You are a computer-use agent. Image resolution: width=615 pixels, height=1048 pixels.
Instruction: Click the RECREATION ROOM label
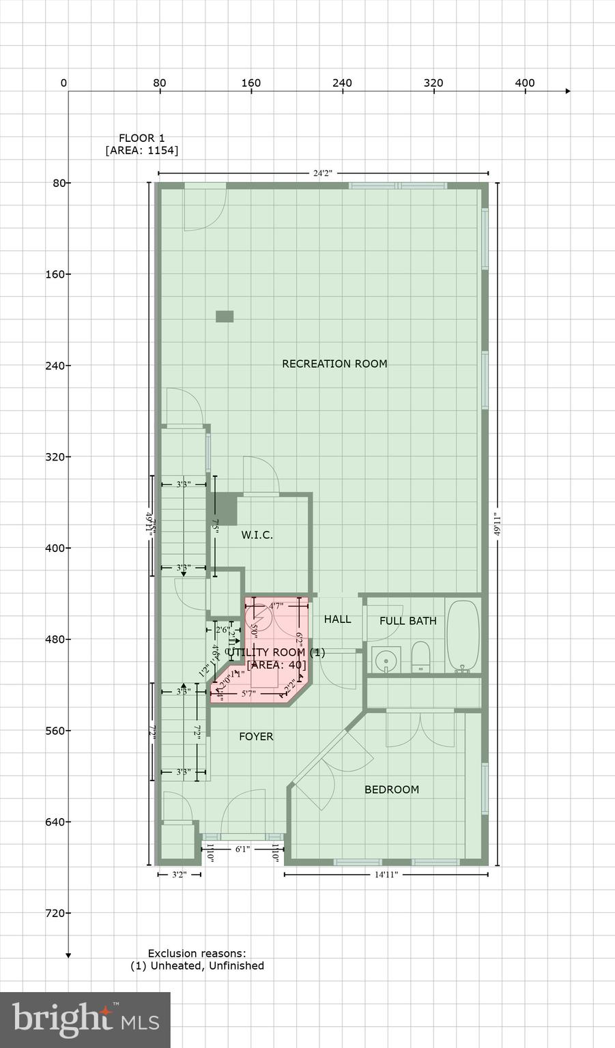click(x=334, y=364)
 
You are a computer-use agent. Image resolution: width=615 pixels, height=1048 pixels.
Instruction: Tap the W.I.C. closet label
click(x=257, y=535)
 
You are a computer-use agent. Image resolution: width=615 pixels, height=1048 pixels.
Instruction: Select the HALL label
click(x=337, y=619)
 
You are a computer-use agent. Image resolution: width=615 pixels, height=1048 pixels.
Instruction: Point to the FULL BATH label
click(x=407, y=621)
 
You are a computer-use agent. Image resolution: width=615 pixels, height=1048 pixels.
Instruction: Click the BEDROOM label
click(x=391, y=789)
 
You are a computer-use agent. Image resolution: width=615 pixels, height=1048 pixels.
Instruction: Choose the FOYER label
click(x=256, y=736)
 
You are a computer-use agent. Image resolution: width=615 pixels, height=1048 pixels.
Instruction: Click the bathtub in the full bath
click(x=464, y=636)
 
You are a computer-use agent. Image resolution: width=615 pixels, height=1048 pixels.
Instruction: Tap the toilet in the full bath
click(x=420, y=656)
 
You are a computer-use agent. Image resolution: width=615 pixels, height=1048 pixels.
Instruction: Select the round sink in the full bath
click(x=386, y=660)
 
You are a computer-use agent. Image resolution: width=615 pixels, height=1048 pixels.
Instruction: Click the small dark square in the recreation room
click(x=225, y=317)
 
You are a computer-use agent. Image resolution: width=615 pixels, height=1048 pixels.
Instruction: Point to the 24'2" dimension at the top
click(x=322, y=173)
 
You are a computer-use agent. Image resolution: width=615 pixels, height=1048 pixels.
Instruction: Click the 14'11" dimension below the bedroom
click(x=386, y=874)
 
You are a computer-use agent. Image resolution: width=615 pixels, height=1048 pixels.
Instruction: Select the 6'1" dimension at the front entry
click(x=242, y=849)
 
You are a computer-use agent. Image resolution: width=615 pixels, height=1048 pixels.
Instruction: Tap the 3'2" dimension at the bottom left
click(x=179, y=874)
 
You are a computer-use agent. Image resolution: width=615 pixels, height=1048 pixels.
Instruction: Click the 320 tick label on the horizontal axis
click(x=433, y=83)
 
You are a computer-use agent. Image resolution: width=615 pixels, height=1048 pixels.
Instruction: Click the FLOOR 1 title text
click(x=141, y=138)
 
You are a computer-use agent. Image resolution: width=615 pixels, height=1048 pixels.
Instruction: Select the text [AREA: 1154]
click(x=141, y=150)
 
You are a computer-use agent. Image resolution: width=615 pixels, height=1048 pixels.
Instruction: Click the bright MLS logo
click(x=85, y=1019)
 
